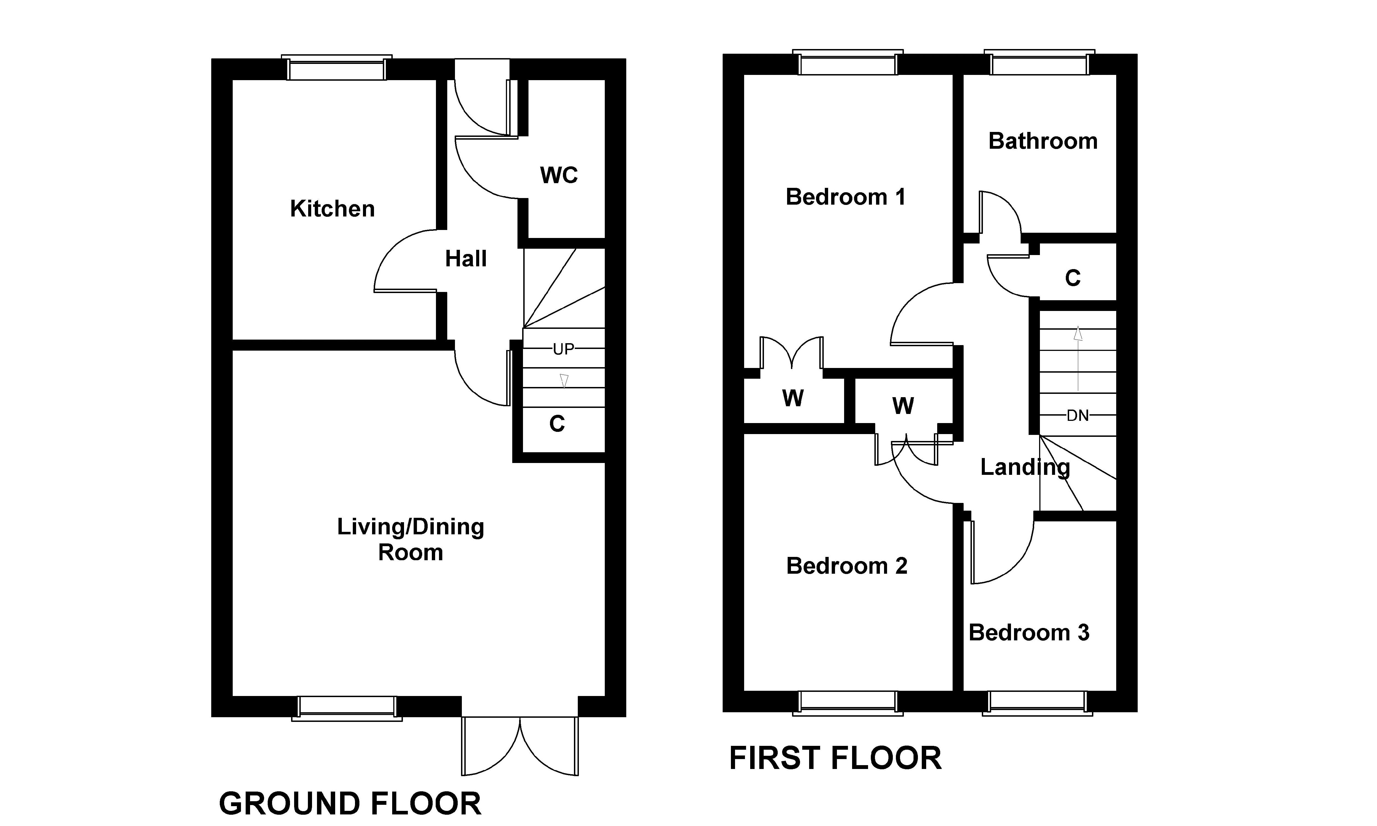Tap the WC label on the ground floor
click(559, 175)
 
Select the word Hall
click(466, 259)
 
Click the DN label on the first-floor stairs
click(1078, 416)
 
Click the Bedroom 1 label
click(845, 197)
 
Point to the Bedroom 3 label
click(1029, 633)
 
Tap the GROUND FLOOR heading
click(350, 804)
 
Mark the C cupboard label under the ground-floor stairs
click(557, 424)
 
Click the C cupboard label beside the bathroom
click(1073, 278)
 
